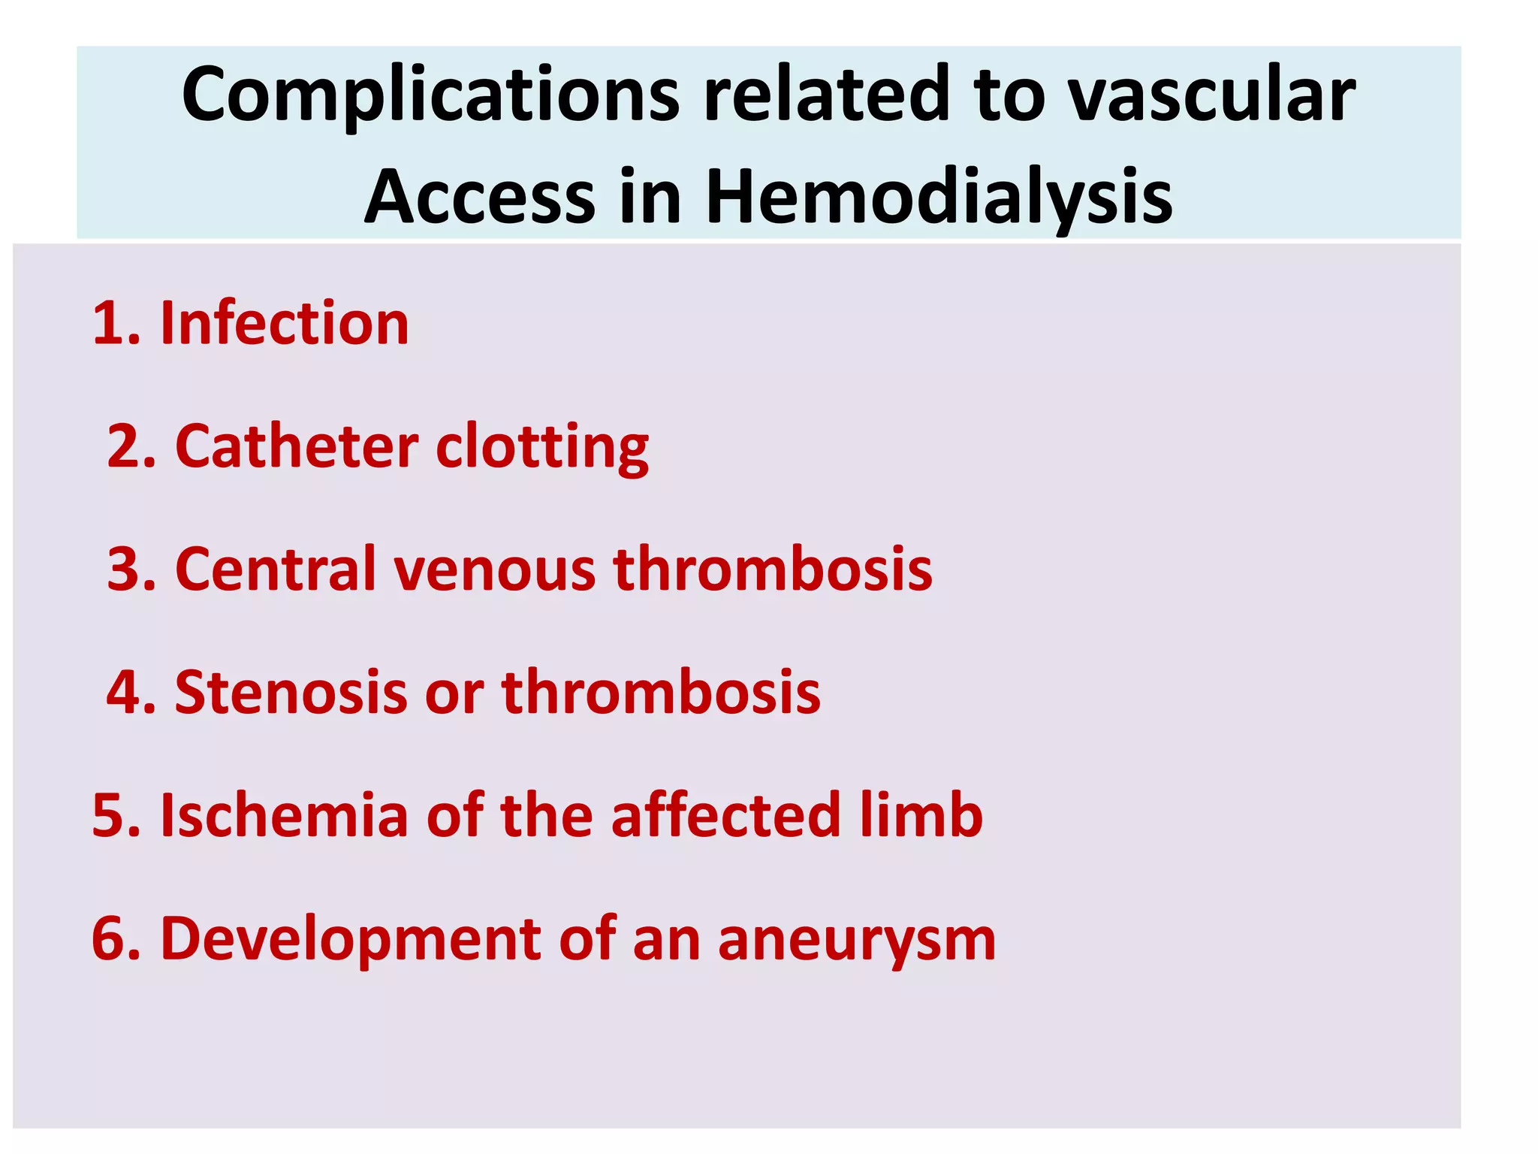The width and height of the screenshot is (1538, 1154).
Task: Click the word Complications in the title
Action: coord(430,95)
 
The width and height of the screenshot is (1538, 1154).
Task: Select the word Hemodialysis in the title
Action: coord(939,197)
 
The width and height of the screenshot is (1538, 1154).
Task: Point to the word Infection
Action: coord(285,323)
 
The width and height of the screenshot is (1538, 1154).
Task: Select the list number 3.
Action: coord(127,569)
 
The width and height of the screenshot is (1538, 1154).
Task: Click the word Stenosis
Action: coord(291,691)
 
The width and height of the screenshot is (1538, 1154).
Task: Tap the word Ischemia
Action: coord(284,815)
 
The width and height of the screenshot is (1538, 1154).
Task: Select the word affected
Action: coord(725,815)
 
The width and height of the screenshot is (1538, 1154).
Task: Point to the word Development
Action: coord(351,939)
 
